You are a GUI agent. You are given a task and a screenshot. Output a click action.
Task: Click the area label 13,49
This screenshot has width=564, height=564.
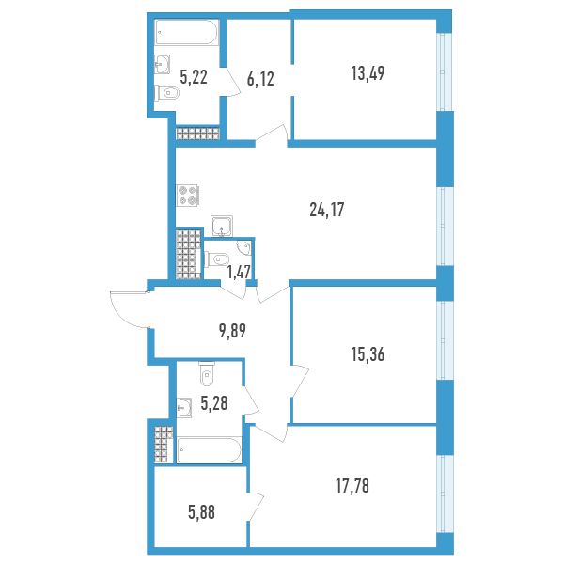pyautogui.click(x=368, y=73)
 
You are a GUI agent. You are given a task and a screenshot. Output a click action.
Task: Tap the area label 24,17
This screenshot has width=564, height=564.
pyautogui.click(x=326, y=210)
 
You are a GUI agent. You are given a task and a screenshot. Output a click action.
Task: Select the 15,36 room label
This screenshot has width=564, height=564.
pyautogui.click(x=368, y=354)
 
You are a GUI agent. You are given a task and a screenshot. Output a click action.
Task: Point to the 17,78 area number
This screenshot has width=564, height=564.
pyautogui.click(x=352, y=486)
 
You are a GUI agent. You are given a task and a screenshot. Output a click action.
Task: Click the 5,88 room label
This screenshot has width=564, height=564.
pyautogui.click(x=201, y=512)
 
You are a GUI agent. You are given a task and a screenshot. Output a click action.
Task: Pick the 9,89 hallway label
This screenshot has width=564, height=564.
pyautogui.click(x=232, y=331)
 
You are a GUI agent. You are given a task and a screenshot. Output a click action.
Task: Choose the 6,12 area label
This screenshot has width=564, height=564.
pyautogui.click(x=260, y=79)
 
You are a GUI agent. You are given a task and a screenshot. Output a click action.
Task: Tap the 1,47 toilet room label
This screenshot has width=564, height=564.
pyautogui.click(x=238, y=272)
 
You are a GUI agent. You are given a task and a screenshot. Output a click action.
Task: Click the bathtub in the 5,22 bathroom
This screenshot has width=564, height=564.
pyautogui.click(x=187, y=32)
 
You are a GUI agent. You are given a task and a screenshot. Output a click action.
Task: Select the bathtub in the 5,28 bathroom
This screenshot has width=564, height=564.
pyautogui.click(x=209, y=450)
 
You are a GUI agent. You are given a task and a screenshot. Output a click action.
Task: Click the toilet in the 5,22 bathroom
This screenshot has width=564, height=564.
pyautogui.click(x=167, y=93)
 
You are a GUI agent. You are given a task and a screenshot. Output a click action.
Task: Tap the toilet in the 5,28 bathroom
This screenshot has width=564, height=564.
pyautogui.click(x=206, y=373)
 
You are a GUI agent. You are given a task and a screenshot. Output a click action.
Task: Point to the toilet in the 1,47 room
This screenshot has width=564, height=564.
pyautogui.click(x=216, y=258)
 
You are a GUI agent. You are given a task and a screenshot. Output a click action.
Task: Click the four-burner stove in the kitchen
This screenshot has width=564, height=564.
pyautogui.click(x=188, y=196)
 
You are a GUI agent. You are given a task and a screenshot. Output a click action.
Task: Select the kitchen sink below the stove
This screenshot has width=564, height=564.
pyautogui.click(x=222, y=226)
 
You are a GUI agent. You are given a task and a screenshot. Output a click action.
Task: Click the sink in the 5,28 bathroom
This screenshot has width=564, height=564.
pyautogui.click(x=185, y=408)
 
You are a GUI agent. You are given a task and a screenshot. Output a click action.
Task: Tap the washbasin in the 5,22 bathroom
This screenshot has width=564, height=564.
pyautogui.click(x=163, y=64)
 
